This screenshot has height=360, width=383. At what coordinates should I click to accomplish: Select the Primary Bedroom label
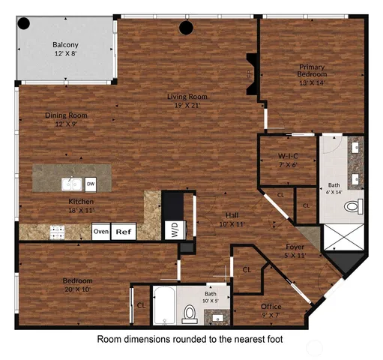click(x=313, y=74)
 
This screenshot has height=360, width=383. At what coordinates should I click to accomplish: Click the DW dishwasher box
click(x=91, y=184)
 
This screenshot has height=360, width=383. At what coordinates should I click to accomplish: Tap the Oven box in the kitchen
click(x=101, y=232)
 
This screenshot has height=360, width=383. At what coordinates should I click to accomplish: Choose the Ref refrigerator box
click(x=124, y=232)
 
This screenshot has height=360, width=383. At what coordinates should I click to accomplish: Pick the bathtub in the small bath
click(x=164, y=306)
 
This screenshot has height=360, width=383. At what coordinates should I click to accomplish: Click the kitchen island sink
click(x=73, y=183)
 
